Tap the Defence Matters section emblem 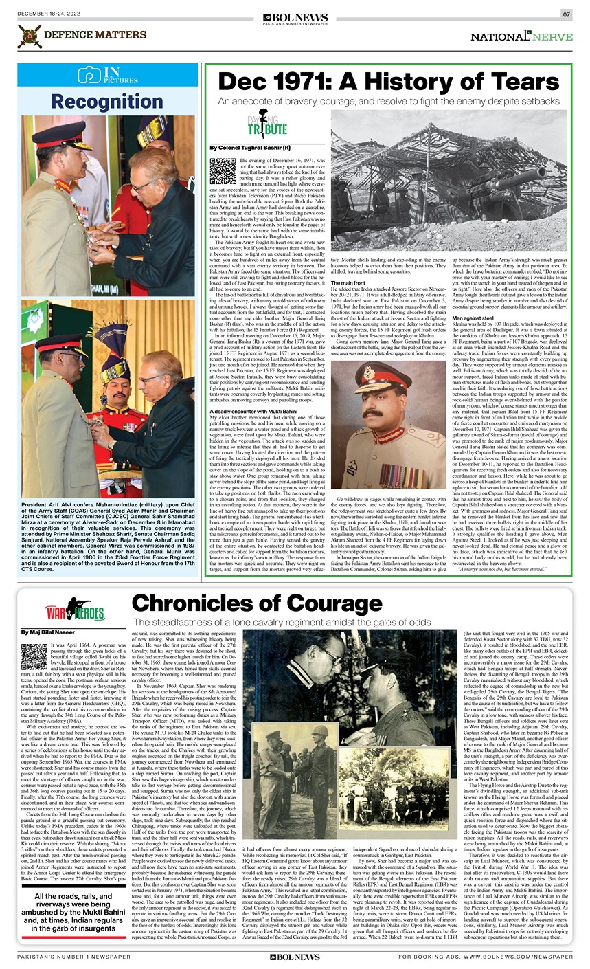[29, 36]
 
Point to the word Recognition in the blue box [106, 102]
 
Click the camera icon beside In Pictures [89, 76]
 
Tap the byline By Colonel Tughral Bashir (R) [249, 148]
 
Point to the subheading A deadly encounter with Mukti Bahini [253, 411]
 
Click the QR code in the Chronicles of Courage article [34, 656]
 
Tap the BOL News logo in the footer [295, 957]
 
